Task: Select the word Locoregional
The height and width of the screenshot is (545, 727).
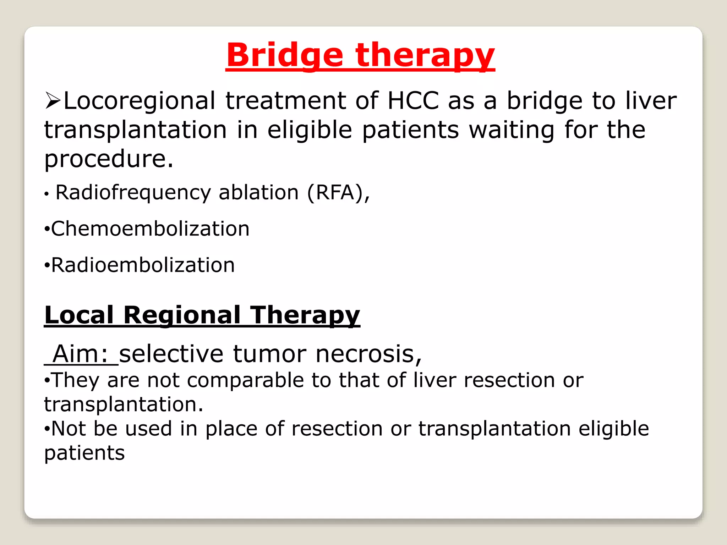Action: (x=140, y=101)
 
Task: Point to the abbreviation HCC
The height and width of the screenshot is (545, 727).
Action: (x=413, y=101)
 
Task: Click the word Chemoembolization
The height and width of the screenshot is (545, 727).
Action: (x=150, y=229)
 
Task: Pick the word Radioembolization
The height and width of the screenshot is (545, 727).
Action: (x=143, y=265)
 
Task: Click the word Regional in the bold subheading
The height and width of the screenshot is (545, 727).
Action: (x=182, y=315)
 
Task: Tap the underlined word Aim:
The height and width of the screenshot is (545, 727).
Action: (x=81, y=354)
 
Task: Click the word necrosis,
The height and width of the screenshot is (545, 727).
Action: (x=368, y=354)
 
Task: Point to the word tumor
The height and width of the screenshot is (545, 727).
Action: (x=269, y=354)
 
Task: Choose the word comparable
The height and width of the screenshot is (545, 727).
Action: (x=245, y=380)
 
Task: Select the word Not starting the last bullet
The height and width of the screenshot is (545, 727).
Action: (x=69, y=429)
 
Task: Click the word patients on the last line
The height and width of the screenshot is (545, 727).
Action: (x=84, y=453)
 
